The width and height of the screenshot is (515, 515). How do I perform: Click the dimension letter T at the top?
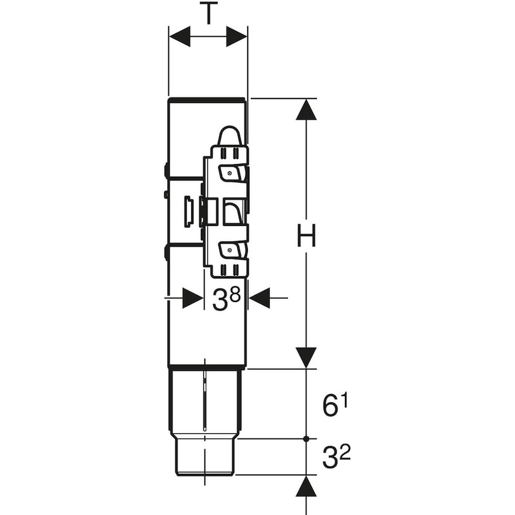click(x=208, y=12)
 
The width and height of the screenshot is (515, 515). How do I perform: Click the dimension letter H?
click(x=306, y=237)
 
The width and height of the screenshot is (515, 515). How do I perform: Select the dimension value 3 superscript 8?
click(x=226, y=299)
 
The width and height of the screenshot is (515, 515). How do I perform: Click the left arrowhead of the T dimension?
click(x=180, y=37)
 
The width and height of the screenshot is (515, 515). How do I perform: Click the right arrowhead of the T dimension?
click(x=237, y=37)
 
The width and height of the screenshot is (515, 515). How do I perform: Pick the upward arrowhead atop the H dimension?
click(x=306, y=110)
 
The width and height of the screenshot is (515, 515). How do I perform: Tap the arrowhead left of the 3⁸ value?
click(x=192, y=298)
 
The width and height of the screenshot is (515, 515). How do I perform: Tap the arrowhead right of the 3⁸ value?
click(x=260, y=298)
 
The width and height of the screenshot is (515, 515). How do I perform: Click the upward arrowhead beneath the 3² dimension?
click(x=306, y=487)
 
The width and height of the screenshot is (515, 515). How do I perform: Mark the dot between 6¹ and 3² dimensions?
click(x=306, y=439)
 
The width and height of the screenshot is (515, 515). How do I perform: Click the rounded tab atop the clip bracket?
click(x=230, y=135)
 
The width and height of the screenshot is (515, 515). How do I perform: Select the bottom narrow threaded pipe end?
click(x=205, y=457)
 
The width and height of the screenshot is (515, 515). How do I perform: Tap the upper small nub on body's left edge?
click(x=166, y=171)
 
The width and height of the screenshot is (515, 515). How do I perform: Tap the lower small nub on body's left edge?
click(x=166, y=252)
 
